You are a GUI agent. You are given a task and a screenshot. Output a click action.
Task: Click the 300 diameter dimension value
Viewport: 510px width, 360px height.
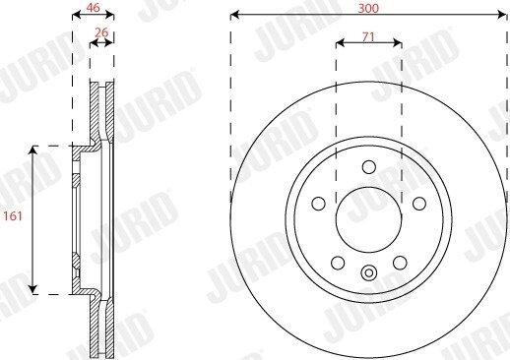368,8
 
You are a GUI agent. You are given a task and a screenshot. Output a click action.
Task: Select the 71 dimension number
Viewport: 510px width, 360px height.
368,37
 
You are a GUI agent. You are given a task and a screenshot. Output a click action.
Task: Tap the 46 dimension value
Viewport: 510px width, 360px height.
93,8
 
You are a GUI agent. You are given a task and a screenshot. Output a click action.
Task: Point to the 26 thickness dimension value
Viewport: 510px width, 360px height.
101,32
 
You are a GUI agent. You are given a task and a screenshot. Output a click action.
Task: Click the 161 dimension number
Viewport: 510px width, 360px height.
13,216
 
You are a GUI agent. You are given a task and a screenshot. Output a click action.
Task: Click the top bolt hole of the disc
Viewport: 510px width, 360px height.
369,167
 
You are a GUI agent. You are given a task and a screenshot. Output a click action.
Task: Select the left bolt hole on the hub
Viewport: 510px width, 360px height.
318,204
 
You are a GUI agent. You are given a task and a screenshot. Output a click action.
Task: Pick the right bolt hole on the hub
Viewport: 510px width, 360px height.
419,204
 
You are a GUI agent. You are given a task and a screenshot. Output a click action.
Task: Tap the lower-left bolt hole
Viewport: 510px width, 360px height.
338,263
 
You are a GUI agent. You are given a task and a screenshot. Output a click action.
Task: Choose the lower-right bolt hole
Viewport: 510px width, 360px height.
400,263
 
